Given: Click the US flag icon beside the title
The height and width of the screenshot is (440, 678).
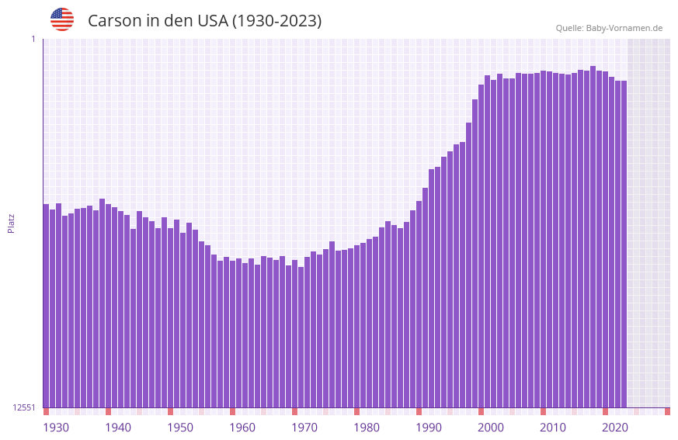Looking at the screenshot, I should pos(62,19).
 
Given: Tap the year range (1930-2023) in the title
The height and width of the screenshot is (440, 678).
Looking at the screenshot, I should pos(276,21).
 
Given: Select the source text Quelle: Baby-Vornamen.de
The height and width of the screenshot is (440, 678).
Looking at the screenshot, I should pos(609,28).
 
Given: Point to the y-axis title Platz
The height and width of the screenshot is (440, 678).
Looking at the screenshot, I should pos(11,223).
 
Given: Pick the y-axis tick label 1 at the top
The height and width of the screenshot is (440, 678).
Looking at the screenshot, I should pos(33,39).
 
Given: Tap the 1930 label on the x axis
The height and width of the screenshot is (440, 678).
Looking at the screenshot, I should pos(56,428).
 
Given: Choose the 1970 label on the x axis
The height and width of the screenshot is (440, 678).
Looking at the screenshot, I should pos(304,428).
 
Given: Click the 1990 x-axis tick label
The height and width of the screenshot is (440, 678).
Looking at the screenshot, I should pos(429,428).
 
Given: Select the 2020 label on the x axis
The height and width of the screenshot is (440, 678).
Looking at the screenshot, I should pos(615,428).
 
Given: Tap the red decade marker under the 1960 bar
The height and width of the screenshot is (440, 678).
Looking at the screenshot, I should pos(232,411).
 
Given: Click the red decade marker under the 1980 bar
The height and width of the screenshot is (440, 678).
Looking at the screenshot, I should pos(356,411).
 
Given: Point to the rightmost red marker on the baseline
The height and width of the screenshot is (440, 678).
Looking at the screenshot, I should pos(667,411).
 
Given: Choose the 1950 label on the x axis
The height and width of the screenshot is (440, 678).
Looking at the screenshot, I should pos(180,428).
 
